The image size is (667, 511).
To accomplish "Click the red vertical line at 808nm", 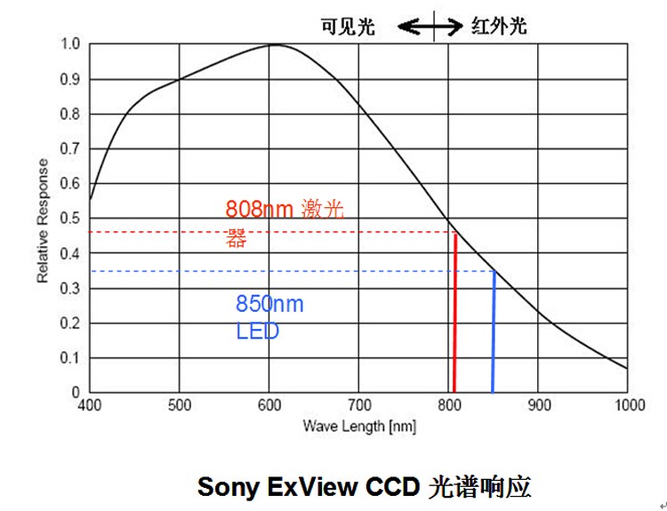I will (454, 311).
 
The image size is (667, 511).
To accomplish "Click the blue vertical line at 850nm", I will (493, 333).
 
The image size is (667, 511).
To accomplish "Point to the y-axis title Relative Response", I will (43, 220).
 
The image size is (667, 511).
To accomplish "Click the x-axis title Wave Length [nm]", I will (358, 426).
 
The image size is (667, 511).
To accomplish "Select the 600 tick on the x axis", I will (269, 406).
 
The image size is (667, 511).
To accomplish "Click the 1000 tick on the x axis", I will (629, 406).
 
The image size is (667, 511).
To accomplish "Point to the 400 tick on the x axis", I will (89, 406).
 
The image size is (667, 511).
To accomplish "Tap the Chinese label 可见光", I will (348, 27).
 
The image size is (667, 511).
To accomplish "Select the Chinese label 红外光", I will (498, 27).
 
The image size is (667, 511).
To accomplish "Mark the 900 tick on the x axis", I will (538, 406).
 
